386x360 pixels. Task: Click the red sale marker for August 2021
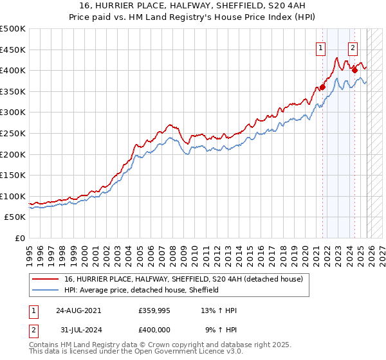(322, 87)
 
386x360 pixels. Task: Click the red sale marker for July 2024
(354, 71)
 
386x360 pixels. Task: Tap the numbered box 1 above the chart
(320, 46)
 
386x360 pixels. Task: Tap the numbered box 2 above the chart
(353, 46)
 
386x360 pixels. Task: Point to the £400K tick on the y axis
(13, 71)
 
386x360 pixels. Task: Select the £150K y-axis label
(13, 175)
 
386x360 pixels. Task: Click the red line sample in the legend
(46, 279)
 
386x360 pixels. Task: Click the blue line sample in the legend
(46, 290)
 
